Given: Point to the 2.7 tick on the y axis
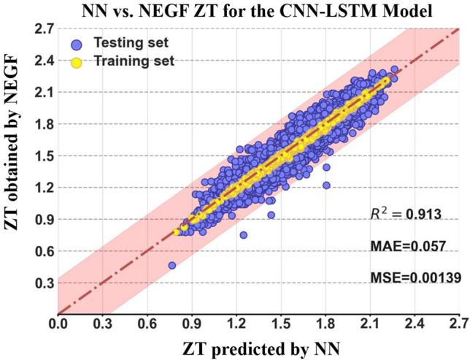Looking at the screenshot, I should click(x=42, y=29).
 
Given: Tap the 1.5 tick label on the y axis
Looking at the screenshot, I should click(x=42, y=156).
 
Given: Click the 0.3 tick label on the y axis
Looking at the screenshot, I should click(x=42, y=282).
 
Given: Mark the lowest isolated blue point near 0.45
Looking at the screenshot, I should click(x=172, y=266).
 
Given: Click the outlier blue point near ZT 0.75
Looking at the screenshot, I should click(x=244, y=235).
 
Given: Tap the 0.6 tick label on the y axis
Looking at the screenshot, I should click(x=42, y=250).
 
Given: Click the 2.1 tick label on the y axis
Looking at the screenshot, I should click(x=42, y=92).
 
